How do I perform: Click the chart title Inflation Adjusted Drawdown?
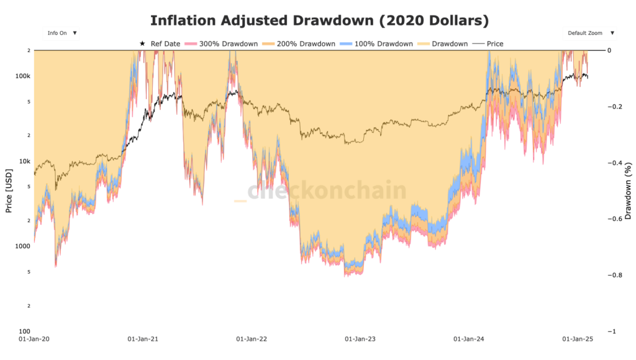click(x=319, y=20)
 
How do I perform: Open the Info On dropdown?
click(x=61, y=33)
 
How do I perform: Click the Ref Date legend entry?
click(x=160, y=44)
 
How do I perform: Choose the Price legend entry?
click(x=489, y=44)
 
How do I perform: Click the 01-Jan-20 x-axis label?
click(x=34, y=340)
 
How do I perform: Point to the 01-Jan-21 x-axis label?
click(x=143, y=340)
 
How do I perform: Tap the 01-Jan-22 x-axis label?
click(x=252, y=340)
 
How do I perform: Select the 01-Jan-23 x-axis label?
click(x=361, y=340)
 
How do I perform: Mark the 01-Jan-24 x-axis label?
click(x=470, y=340)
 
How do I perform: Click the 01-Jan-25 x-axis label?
click(x=578, y=340)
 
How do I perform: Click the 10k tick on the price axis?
click(x=24, y=161)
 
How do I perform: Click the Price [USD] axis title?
click(x=9, y=191)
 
